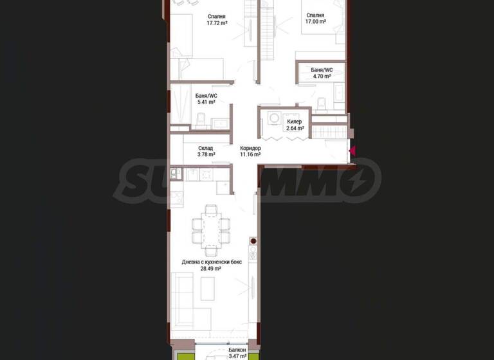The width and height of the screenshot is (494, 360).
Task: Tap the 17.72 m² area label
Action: pos(217,23)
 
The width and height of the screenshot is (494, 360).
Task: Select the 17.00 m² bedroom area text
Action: pos(315,22)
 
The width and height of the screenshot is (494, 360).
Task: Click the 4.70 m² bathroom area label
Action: pos(321,76)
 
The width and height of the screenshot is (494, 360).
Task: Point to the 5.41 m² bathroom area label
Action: pos(206,102)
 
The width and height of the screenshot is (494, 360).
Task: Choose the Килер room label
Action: pos(295,121)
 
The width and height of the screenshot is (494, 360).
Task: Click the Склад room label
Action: pos(206,148)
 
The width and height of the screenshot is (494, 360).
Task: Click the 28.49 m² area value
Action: pos(210,269)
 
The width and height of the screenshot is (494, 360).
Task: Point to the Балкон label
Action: pos(219,349)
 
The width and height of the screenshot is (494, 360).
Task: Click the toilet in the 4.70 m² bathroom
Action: pos(321,104)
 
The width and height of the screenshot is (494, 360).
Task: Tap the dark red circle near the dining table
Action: pos(253,242)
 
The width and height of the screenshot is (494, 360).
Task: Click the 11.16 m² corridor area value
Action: pos(250,154)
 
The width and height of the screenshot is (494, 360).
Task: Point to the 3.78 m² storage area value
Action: pos(206,154)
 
